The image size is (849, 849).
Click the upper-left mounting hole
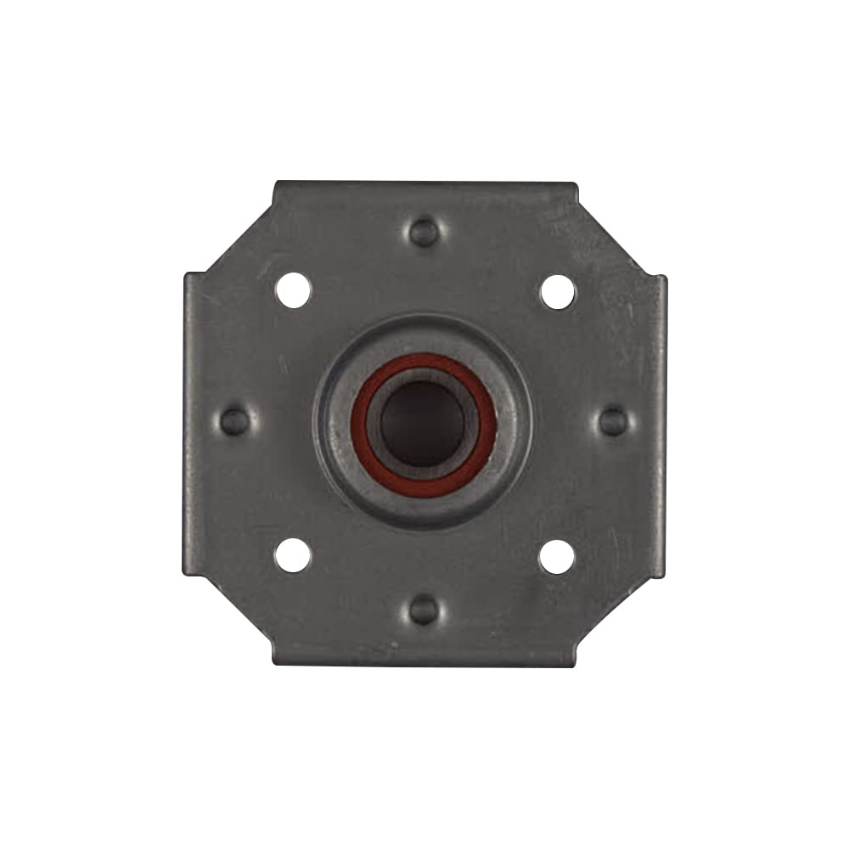point(293,290)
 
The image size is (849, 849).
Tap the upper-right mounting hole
point(558,292)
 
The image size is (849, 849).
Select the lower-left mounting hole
point(293,555)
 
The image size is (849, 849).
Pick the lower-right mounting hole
point(557,557)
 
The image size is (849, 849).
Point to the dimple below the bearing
point(424,609)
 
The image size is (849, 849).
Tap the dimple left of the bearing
point(235,420)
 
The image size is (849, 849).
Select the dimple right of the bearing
point(612,420)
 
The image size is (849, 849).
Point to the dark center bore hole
point(422,422)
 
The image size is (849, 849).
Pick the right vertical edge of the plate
point(662,424)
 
